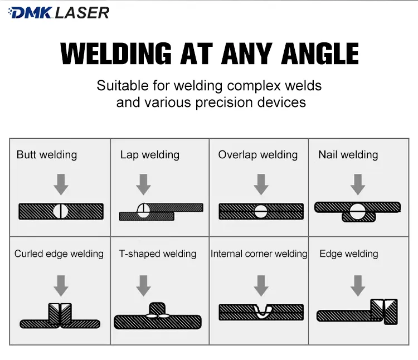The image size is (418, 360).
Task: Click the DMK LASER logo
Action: point(59,13)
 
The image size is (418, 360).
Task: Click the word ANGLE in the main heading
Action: point(320,53)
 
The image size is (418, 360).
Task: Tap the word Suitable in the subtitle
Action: point(123,86)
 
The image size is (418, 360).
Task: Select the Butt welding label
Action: point(47,154)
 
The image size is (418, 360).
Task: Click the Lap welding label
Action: point(149,154)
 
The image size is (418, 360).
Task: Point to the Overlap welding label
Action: point(258,154)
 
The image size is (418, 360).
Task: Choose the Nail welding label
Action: point(348,154)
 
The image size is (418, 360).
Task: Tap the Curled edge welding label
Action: point(59,254)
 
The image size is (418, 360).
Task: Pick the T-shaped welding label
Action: point(158,254)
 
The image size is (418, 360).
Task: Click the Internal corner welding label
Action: point(259,254)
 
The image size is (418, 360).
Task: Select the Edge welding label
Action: point(349,254)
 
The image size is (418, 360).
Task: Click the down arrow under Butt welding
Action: point(61,184)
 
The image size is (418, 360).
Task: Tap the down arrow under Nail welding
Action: point(358,184)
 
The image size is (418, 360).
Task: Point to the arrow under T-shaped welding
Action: point(143,286)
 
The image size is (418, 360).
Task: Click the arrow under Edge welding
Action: point(358,286)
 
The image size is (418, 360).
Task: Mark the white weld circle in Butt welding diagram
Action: point(61,212)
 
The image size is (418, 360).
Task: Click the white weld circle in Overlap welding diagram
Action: point(260,212)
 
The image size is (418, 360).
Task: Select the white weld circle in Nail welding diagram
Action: point(357,211)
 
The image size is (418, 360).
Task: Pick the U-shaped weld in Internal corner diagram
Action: point(262,312)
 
